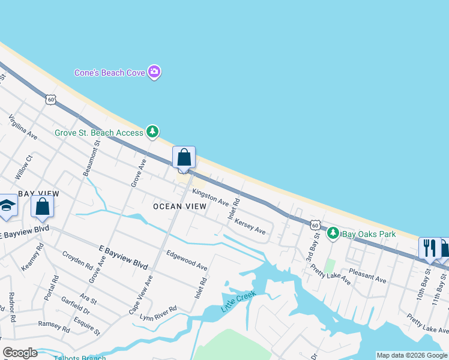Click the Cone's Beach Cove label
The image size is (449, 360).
tap(110, 73)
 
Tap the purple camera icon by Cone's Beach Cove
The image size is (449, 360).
tap(155, 73)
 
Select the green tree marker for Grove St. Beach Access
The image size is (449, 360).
tap(152, 131)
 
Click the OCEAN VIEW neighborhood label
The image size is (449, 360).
tap(179, 206)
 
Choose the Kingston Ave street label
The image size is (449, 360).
tap(210, 197)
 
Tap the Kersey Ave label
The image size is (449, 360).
tap(250, 226)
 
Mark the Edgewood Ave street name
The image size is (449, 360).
tap(187, 260)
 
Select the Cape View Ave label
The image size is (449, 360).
tap(149, 293)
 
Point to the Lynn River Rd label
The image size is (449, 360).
tap(158, 313)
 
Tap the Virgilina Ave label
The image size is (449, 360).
tap(23, 128)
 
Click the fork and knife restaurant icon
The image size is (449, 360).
tap(429, 247)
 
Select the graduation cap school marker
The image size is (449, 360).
tap(7, 206)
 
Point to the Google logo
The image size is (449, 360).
tap(20, 353)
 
